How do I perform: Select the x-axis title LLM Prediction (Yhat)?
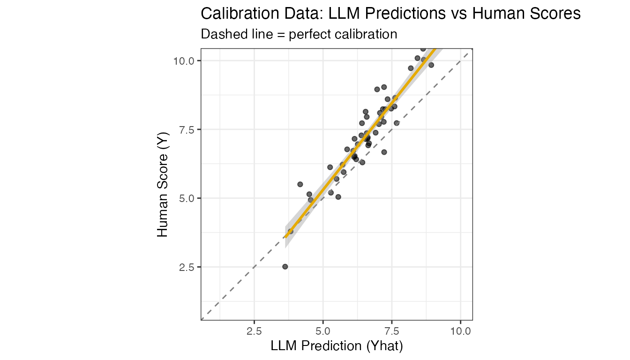[x=337, y=346]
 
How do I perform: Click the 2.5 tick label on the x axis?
[x=254, y=330]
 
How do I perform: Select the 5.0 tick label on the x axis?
[x=323, y=330]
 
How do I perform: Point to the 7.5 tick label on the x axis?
[x=392, y=330]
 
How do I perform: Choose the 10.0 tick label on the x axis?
[x=460, y=330]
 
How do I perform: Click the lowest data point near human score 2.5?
[x=285, y=267]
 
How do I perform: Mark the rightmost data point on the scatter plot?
[x=431, y=65]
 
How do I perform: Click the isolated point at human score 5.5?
[x=300, y=184]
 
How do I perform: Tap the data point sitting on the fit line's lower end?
[x=291, y=231]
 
